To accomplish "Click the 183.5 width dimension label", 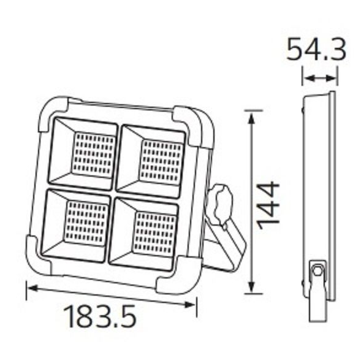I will tap(99, 316).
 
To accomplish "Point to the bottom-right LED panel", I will tap(144, 228).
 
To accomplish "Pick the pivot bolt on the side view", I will tap(317, 270).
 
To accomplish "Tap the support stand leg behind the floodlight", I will tap(230, 245).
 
